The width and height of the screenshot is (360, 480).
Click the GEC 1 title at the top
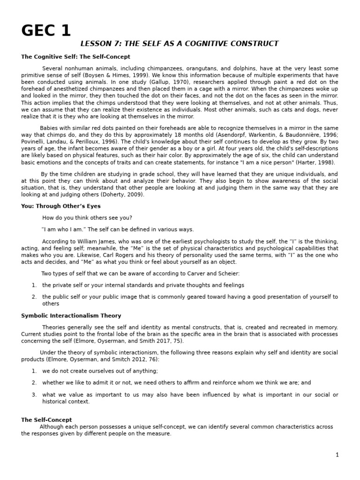(x=46, y=31)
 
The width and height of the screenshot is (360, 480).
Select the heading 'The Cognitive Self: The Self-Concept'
(x=68, y=57)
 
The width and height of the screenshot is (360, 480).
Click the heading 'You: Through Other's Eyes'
(x=60, y=206)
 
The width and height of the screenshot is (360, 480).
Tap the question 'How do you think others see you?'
(x=87, y=218)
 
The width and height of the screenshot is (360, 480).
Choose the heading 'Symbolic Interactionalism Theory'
(x=71, y=316)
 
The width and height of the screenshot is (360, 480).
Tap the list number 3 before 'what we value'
(x=34, y=395)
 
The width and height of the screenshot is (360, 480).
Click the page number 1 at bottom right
(x=337, y=455)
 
